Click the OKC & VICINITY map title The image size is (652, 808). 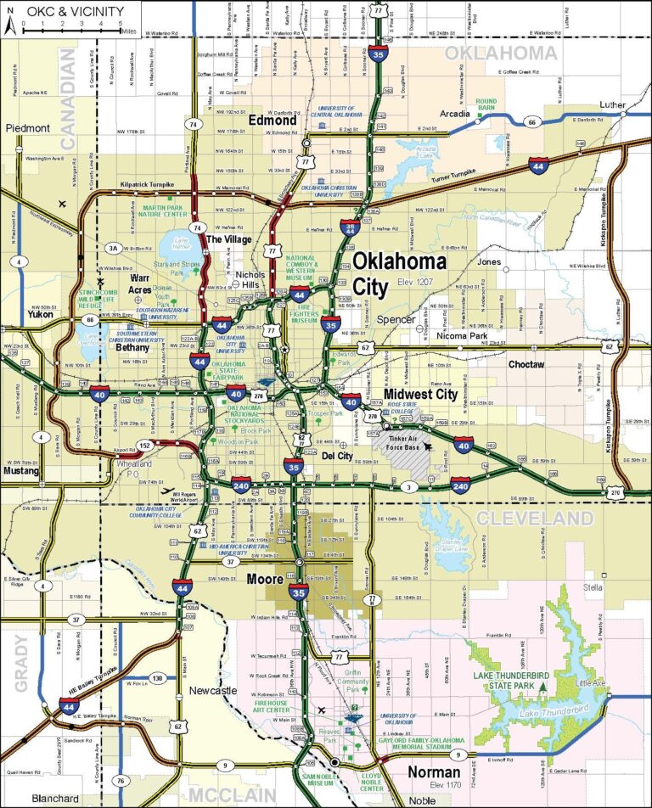coord(75,11)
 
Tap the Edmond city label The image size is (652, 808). coord(273,121)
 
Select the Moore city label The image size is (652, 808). coord(265,580)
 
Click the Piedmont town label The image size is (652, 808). coord(29,128)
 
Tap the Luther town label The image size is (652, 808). coord(611,106)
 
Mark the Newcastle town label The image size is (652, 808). coord(212,691)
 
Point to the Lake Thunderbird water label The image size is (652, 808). coord(561,710)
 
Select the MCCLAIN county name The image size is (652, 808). coord(233,795)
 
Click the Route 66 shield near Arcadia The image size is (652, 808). coord(531,122)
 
